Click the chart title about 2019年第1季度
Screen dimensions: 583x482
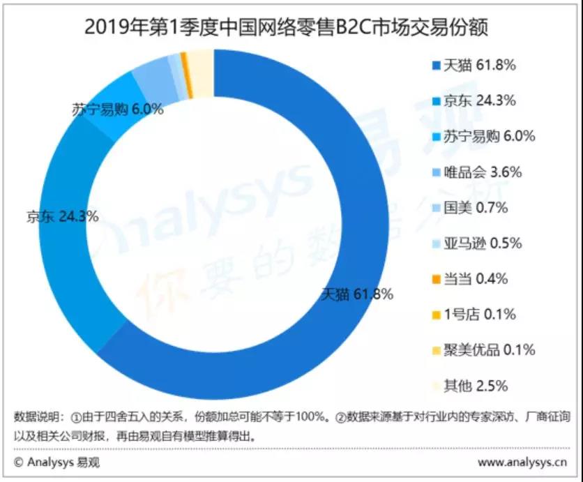[x=286, y=27]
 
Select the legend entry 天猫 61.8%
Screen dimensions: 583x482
[x=474, y=66]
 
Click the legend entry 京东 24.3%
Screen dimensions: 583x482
[x=474, y=100]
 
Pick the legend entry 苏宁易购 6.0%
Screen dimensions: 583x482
[x=484, y=137]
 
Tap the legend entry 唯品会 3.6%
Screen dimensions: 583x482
[x=477, y=172]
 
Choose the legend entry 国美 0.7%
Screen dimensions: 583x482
[x=470, y=208]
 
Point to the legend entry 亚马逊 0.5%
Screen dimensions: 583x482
[x=477, y=243]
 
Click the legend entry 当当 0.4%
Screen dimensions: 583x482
[x=470, y=279]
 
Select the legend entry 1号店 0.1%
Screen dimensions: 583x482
[x=474, y=315]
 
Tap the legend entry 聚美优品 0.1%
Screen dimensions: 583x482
[x=484, y=350]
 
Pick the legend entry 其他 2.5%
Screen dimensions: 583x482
[x=470, y=386]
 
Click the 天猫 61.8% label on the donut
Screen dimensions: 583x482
[x=357, y=294]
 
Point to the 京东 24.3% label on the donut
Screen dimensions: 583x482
[x=63, y=216]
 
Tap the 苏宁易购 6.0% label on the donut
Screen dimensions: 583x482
[x=117, y=110]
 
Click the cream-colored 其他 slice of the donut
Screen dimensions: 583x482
[x=201, y=74]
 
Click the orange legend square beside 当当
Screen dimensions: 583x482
[x=436, y=279]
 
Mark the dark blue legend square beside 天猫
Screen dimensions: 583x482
[x=436, y=66]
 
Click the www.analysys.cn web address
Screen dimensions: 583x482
[x=522, y=462]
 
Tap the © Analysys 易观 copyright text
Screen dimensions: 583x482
[x=57, y=462]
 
